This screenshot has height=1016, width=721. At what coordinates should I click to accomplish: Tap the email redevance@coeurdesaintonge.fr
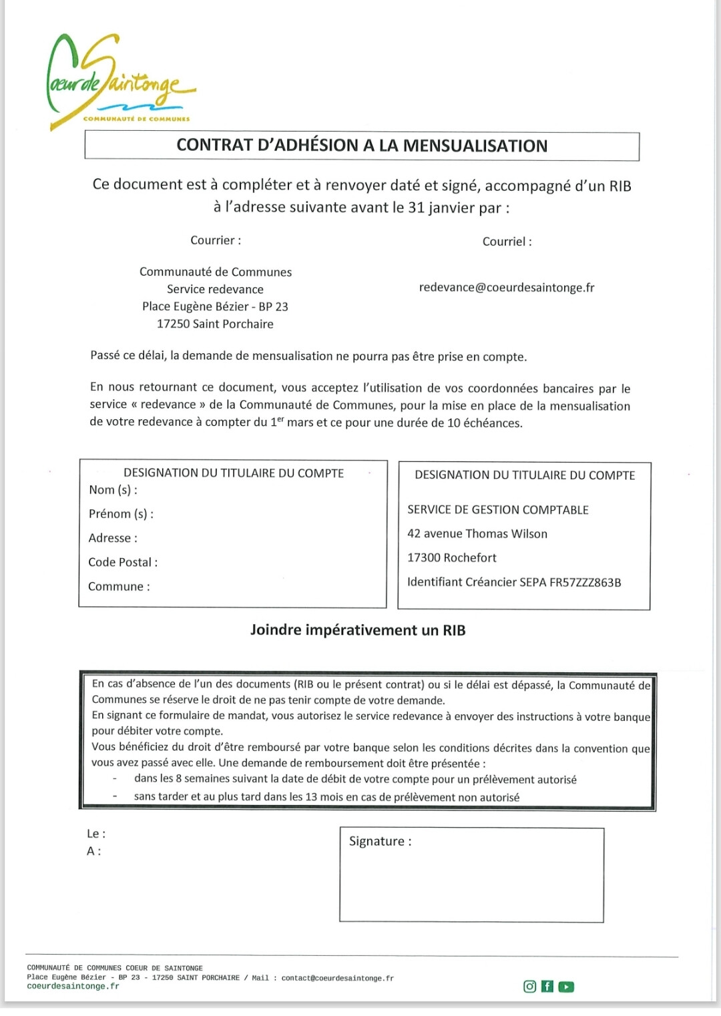(x=506, y=288)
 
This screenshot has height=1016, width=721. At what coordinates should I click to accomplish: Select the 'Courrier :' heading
(x=216, y=240)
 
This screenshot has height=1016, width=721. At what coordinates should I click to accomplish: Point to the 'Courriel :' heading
(x=507, y=242)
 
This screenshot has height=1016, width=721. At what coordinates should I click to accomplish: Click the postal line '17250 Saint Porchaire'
(x=215, y=324)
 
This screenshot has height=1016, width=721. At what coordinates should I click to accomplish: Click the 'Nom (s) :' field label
(x=113, y=490)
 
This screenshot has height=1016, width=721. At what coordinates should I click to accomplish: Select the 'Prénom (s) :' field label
(x=121, y=514)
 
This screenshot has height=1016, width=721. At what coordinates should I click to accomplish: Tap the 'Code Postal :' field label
(x=123, y=562)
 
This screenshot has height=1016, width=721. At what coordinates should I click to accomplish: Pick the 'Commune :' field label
(x=119, y=587)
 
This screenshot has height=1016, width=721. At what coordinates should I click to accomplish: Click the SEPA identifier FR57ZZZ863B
(x=585, y=582)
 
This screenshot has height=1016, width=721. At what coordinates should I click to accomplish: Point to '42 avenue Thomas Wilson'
(x=477, y=534)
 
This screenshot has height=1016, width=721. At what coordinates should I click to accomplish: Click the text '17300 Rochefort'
(x=452, y=558)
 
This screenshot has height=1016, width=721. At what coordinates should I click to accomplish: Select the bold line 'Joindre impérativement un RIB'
(x=358, y=630)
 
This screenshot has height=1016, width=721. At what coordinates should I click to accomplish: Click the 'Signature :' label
(x=380, y=842)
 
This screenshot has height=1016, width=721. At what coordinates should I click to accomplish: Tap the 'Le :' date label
(x=96, y=834)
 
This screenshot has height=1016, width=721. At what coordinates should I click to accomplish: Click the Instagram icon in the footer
(x=530, y=987)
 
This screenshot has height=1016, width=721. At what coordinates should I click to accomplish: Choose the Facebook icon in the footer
(x=547, y=987)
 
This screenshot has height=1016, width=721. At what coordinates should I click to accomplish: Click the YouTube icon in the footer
(x=566, y=987)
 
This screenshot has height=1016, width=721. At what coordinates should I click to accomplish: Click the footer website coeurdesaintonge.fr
(x=73, y=987)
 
